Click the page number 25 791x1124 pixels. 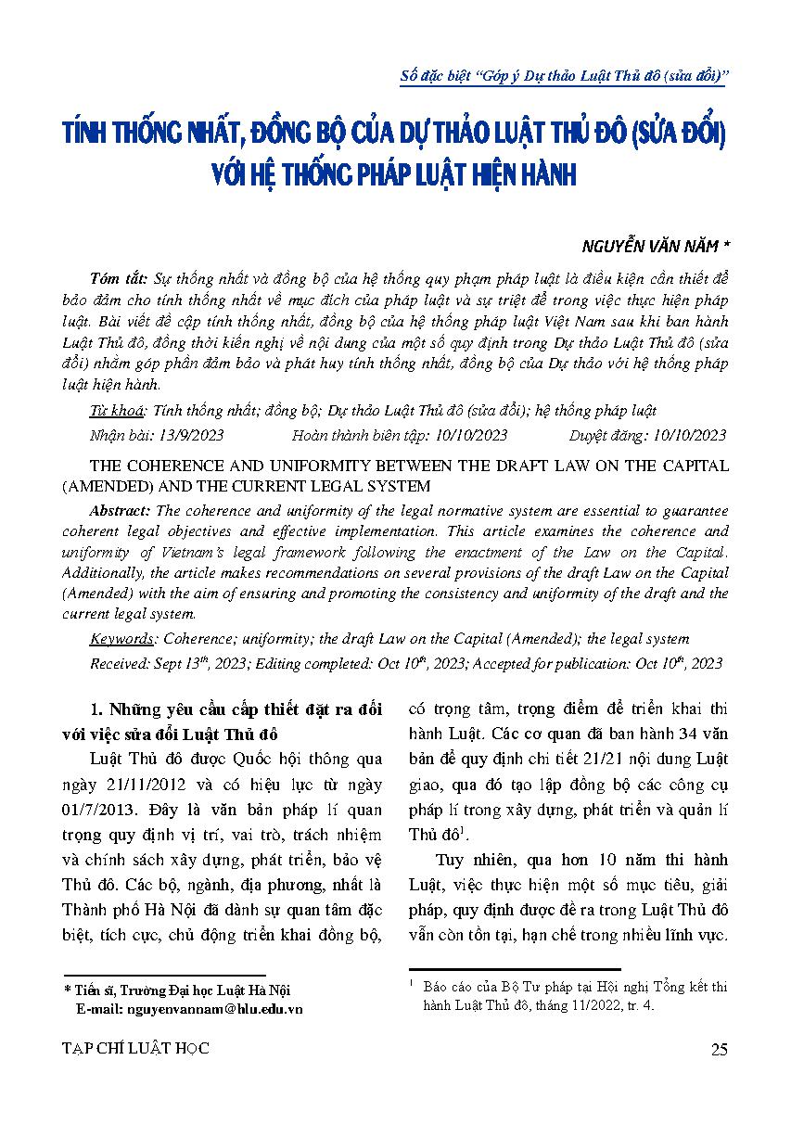(718, 1049)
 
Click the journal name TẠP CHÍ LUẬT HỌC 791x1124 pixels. (134, 1049)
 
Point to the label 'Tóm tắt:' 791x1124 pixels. (121, 278)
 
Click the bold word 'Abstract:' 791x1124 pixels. (122, 511)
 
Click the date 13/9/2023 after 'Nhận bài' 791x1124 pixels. (190, 435)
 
